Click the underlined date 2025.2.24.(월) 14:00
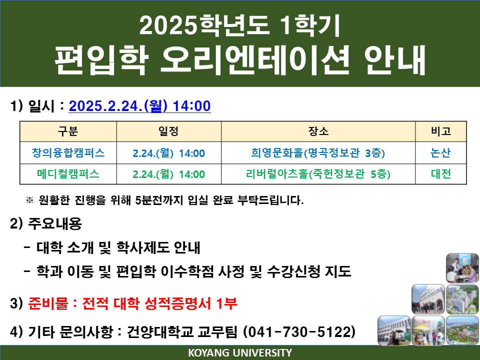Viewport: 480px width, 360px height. coord(139,106)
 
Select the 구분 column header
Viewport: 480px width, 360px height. coord(68,131)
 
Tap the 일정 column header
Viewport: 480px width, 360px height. coord(168,131)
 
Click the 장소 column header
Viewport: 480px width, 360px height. coord(318,131)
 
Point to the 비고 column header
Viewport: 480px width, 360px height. coord(441,131)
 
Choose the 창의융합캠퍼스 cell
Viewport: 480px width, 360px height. coord(68,153)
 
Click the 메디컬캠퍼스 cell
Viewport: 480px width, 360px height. coord(68,174)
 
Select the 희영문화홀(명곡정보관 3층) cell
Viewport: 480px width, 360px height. coord(318,153)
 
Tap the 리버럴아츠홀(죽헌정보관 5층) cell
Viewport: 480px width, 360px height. coord(318,174)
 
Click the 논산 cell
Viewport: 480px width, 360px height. coord(441,153)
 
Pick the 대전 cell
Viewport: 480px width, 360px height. coord(441,174)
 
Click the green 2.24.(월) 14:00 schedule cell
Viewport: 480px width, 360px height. coord(168,174)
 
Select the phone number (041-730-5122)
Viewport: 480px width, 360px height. coord(299,331)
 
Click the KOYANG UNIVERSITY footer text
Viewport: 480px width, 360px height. coord(240,352)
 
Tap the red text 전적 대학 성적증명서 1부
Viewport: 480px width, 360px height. coord(159,303)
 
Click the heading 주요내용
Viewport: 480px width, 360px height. coord(55,223)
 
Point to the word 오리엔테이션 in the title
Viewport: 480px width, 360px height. coord(254,60)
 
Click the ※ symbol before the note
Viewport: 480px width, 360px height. coord(29,200)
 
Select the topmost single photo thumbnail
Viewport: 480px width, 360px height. coord(462,268)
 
